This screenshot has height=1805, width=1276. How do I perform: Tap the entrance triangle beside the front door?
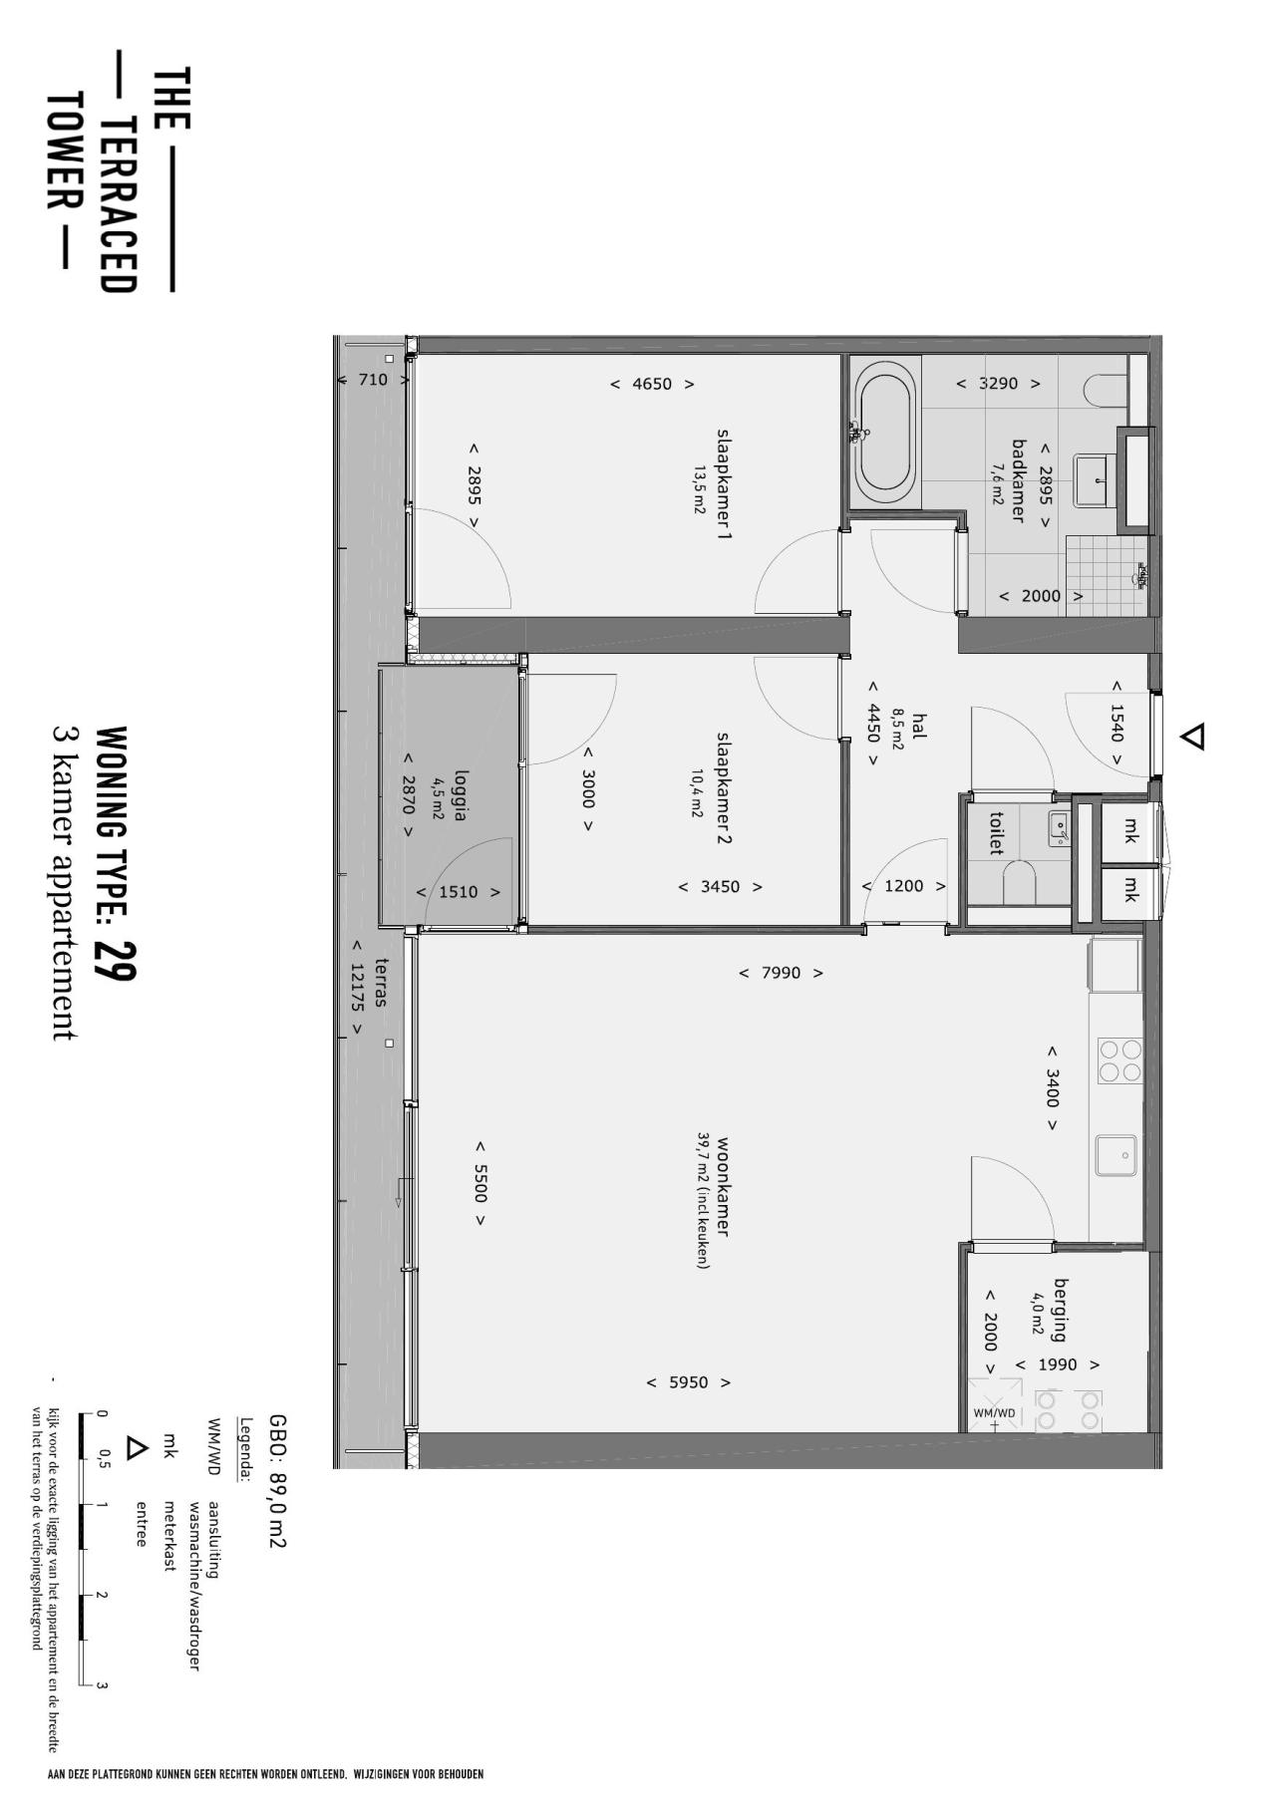pyautogui.click(x=1192, y=737)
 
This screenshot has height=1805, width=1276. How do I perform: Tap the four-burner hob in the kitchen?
pyautogui.click(x=1119, y=1060)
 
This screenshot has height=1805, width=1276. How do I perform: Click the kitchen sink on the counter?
pyautogui.click(x=1116, y=1155)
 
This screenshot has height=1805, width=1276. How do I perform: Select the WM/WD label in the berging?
pyautogui.click(x=994, y=1412)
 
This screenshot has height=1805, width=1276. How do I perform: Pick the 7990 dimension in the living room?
pyautogui.click(x=781, y=973)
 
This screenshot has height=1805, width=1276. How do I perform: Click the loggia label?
pyautogui.click(x=460, y=794)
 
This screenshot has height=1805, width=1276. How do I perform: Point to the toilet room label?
pyautogui.click(x=995, y=833)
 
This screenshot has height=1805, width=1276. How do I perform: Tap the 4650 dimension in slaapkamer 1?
pyautogui.click(x=652, y=384)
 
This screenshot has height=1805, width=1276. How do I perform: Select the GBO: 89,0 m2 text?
pyautogui.click(x=278, y=1481)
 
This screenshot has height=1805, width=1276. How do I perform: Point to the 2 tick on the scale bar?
pyautogui.click(x=100, y=1595)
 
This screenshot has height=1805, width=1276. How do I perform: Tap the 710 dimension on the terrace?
pyautogui.click(x=373, y=380)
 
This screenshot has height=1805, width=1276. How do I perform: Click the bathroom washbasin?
pyautogui.click(x=1096, y=479)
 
